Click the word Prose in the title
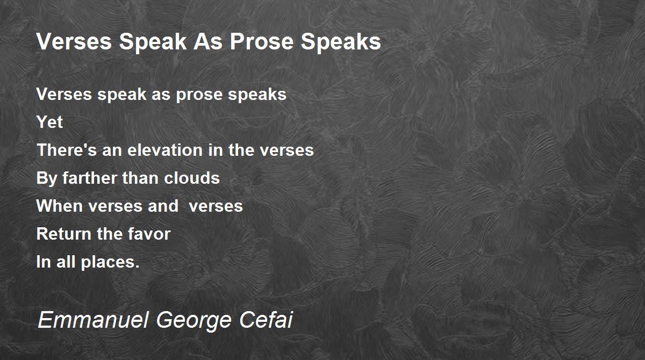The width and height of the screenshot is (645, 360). click(x=261, y=42)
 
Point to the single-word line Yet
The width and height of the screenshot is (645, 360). click(x=49, y=122)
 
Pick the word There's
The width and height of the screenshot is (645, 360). click(x=67, y=150)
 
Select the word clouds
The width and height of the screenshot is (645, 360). click(x=192, y=178)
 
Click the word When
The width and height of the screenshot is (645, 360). click(x=60, y=206)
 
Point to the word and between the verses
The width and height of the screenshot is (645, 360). click(x=163, y=206)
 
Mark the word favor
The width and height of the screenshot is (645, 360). click(x=149, y=234)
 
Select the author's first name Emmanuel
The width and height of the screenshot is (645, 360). click(x=94, y=320)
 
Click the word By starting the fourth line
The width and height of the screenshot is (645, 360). click(x=47, y=179)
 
